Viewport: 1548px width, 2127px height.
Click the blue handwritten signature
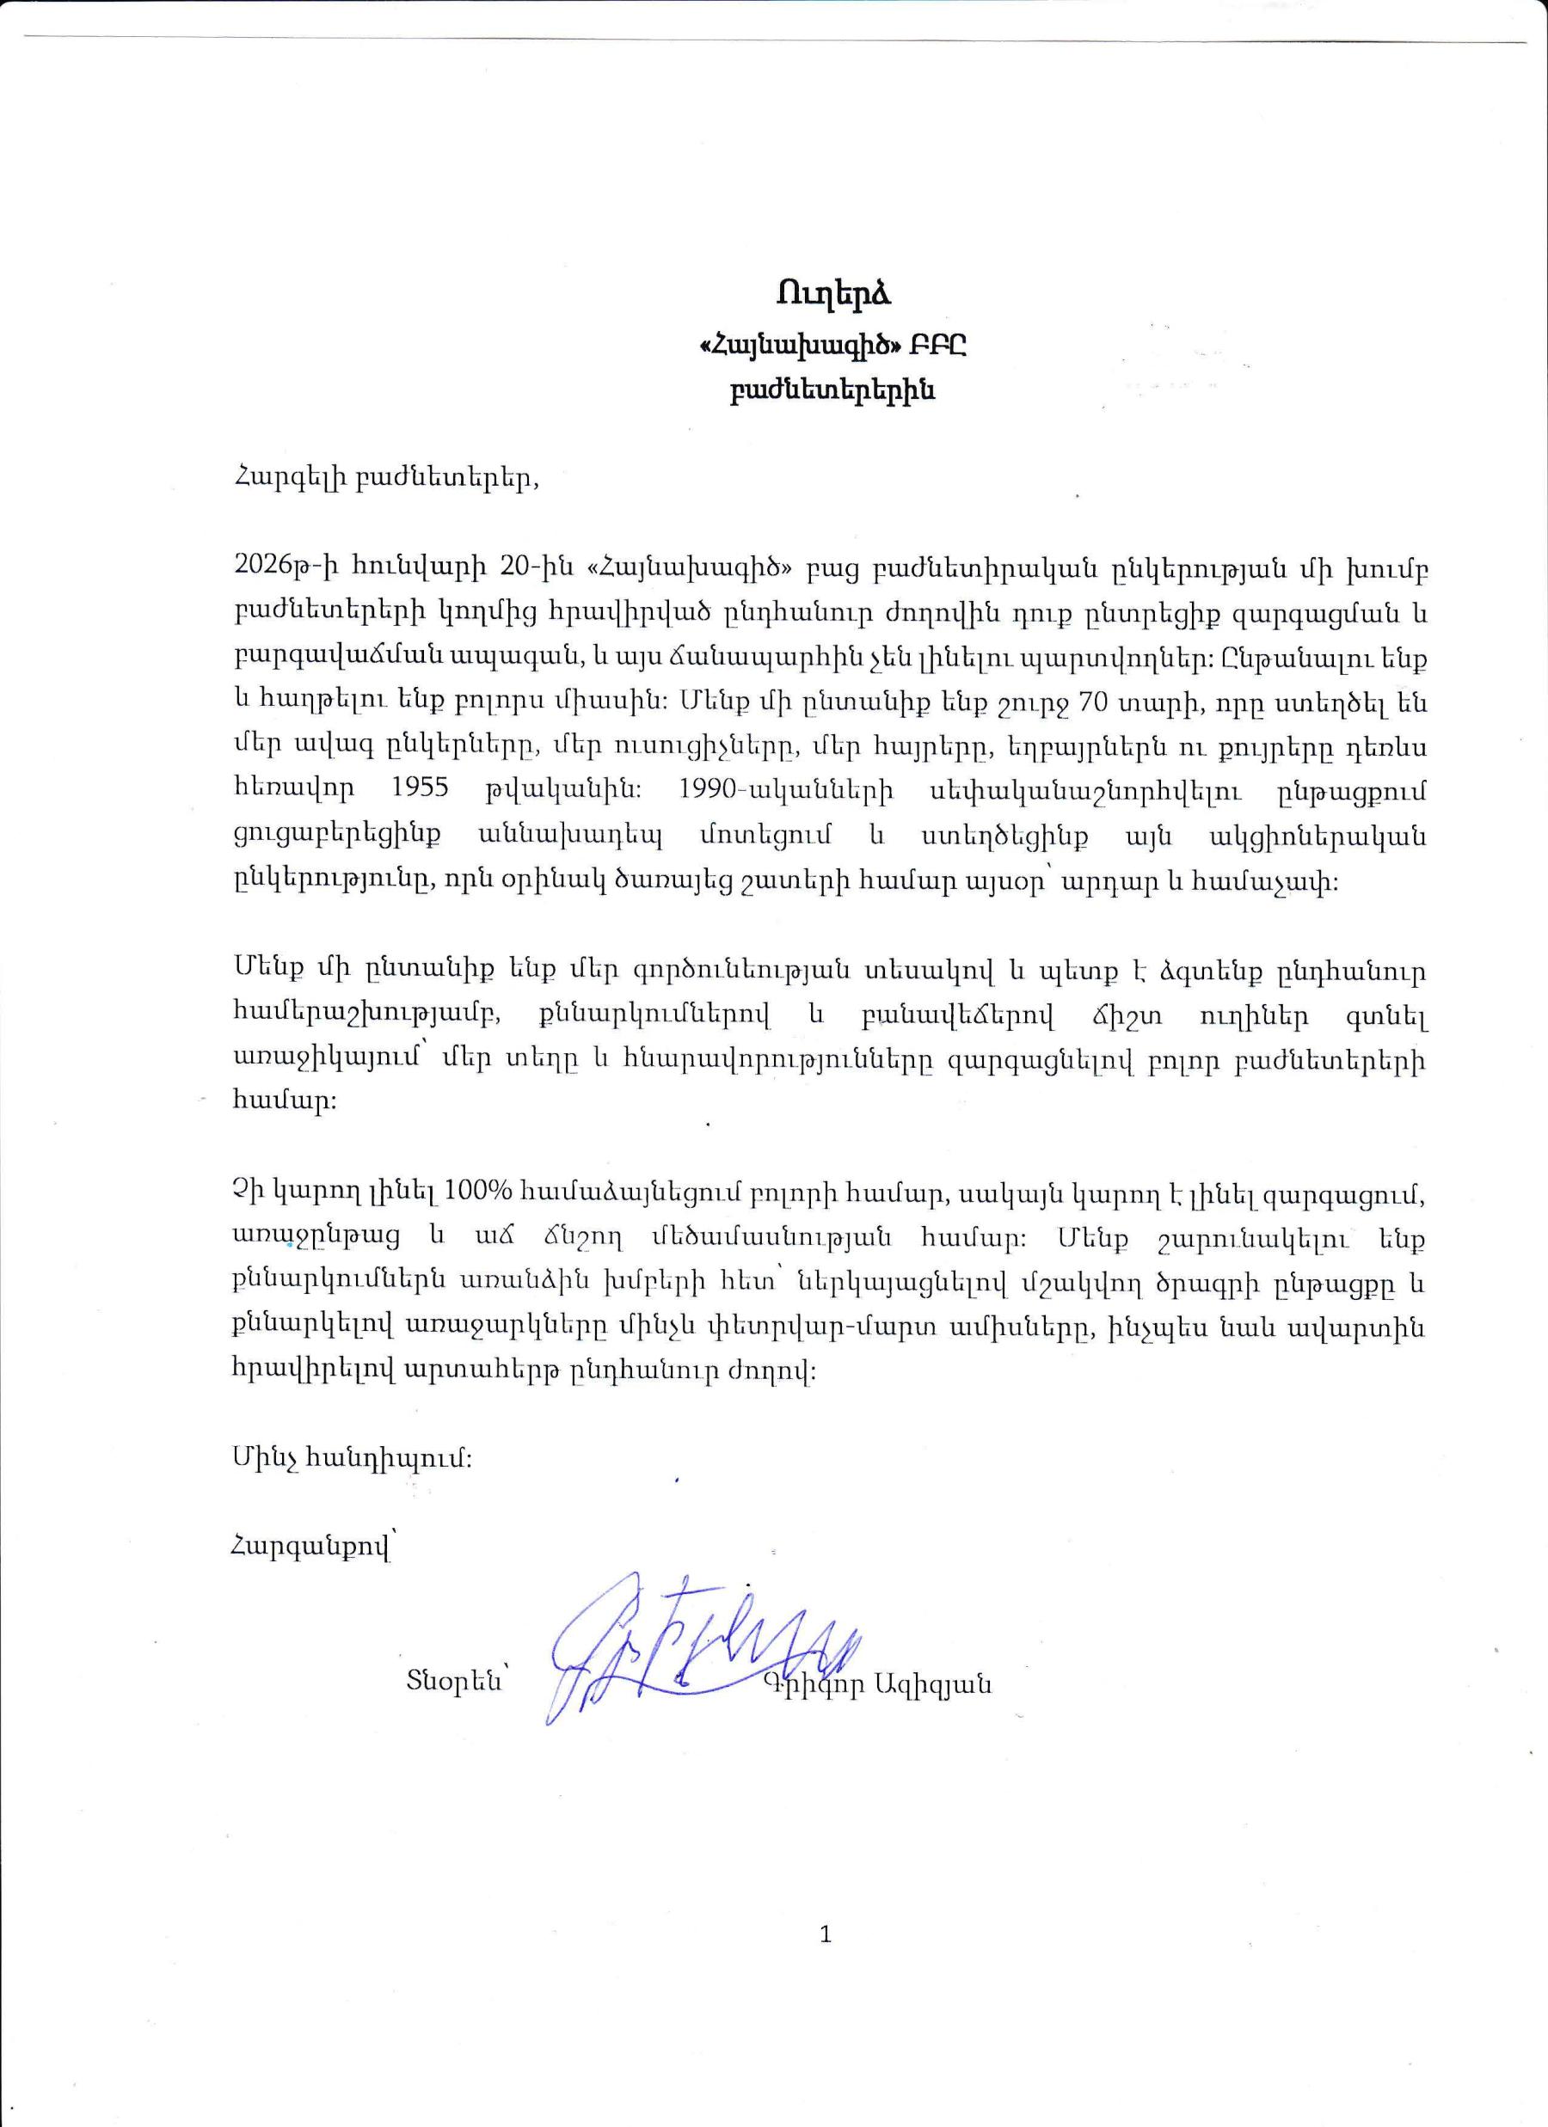pyautogui.click(x=694, y=1660)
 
